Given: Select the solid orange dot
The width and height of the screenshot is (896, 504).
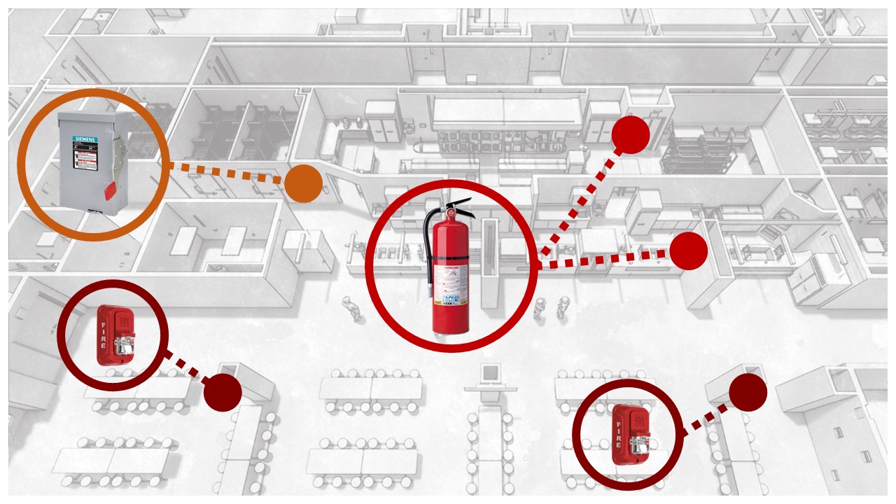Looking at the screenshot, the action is [303, 183].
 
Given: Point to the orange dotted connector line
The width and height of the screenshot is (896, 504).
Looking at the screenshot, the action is [227, 173].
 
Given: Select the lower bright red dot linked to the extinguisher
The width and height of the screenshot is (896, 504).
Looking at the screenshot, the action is [688, 250].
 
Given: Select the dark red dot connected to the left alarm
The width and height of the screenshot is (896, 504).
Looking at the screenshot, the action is [223, 392].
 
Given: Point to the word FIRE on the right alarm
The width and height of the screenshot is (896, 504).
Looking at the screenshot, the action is [619, 434].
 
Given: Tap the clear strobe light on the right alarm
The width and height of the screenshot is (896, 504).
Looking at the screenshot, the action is [638, 442].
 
